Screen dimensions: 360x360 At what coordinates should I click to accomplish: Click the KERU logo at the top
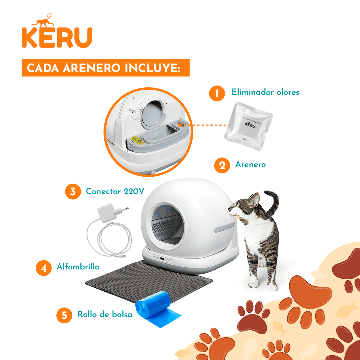pyautogui.click(x=57, y=37)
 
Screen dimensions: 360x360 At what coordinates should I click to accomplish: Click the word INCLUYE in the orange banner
pyautogui.click(x=152, y=68)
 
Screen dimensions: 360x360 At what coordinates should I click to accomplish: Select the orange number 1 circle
pyautogui.click(x=217, y=93)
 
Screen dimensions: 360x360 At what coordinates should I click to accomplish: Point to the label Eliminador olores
pyautogui.click(x=265, y=92)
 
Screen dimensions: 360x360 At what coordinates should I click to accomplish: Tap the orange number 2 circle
pyautogui.click(x=222, y=165)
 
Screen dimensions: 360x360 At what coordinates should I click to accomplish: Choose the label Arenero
pyautogui.click(x=250, y=164)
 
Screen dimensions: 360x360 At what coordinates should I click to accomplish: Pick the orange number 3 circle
pyautogui.click(x=73, y=191)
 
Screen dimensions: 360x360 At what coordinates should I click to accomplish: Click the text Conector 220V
pyautogui.click(x=115, y=191)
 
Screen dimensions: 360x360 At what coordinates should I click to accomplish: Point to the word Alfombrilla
pyautogui.click(x=78, y=267)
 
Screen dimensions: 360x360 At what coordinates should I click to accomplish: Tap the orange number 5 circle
pyautogui.click(x=64, y=315)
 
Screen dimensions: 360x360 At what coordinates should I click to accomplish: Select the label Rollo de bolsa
pyautogui.click(x=105, y=314)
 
